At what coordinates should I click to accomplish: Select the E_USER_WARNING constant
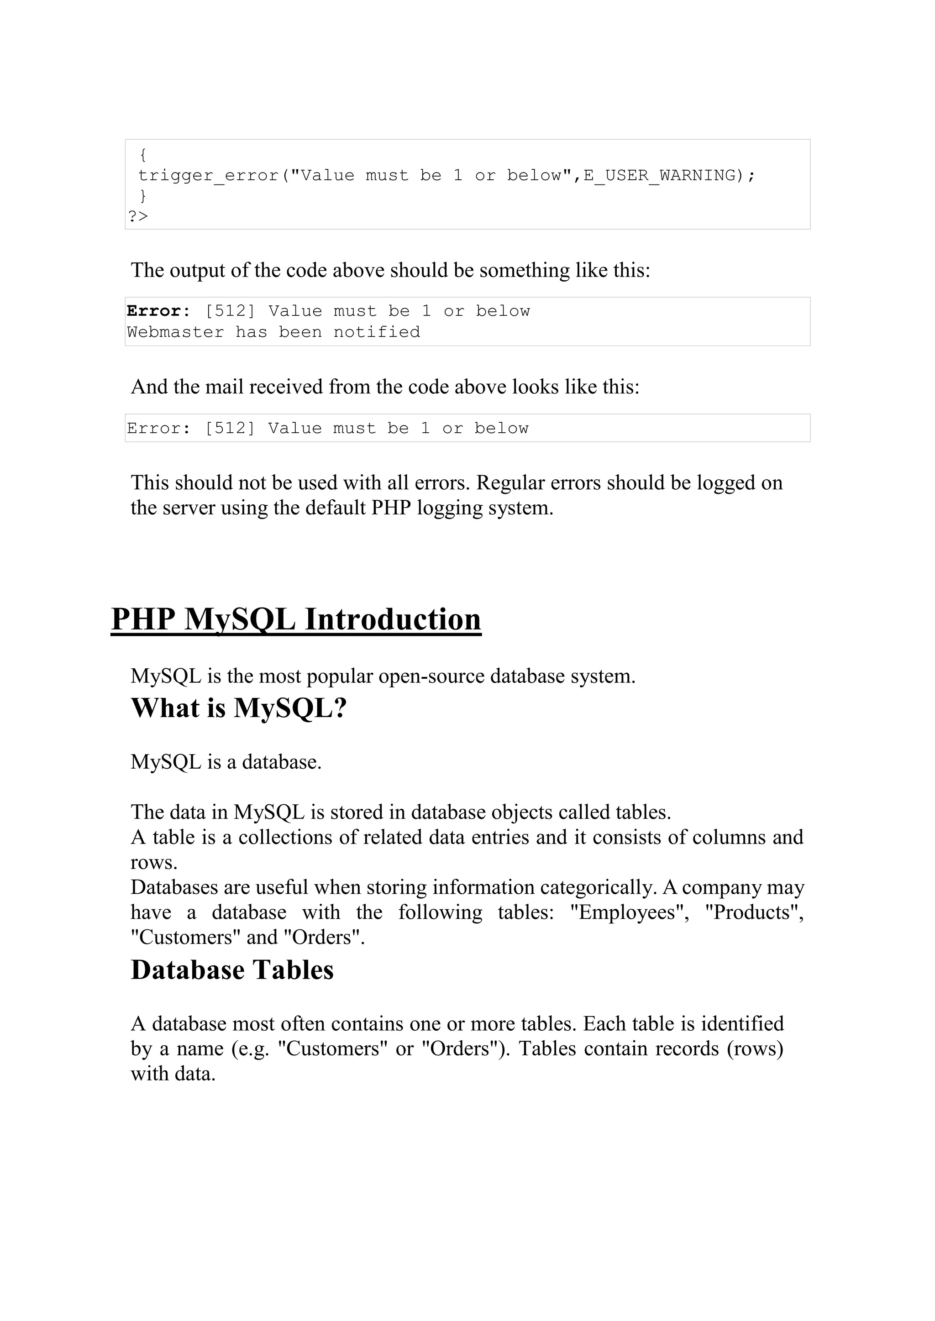pos(660,176)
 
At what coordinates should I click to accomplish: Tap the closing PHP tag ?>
pos(138,216)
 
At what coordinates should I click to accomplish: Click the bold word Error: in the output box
pos(158,311)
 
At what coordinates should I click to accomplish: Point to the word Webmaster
pos(175,332)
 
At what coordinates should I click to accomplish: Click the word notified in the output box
pos(377,332)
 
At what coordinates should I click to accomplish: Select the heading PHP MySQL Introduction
pos(296,620)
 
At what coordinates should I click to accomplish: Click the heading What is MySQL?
pos(239,708)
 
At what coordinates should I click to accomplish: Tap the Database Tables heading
pos(232,970)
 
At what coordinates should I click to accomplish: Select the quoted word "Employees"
pos(629,912)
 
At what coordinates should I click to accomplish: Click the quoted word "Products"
pos(754,912)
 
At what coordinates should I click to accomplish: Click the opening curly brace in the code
pos(143,155)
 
